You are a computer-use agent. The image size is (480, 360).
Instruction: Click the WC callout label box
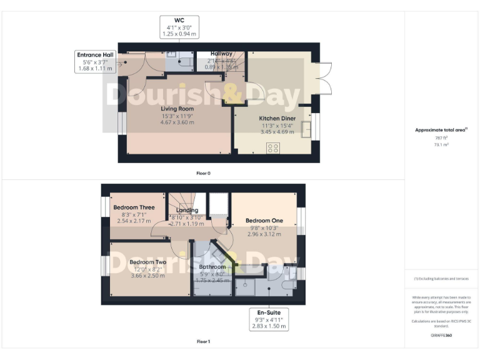pyautogui.click(x=179, y=27)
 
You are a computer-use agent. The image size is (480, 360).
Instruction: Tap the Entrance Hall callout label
pyautogui.click(x=95, y=62)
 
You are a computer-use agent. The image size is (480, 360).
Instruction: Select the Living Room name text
pyautogui.click(x=173, y=108)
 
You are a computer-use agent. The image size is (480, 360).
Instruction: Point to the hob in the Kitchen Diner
pyautogui.click(x=273, y=147)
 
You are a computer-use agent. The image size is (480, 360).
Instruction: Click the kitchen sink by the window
pyautogui.click(x=306, y=129)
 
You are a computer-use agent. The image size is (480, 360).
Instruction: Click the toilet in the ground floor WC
pyautogui.click(x=186, y=62)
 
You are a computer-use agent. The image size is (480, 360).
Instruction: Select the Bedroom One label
pyautogui.click(x=264, y=221)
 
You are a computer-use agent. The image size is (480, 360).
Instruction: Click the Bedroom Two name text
pyautogui.click(x=147, y=262)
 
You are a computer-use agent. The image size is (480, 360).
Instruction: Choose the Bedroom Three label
pyautogui.click(x=134, y=207)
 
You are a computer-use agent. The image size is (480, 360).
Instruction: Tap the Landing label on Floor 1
pyautogui.click(x=187, y=211)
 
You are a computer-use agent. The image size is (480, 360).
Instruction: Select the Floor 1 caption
pyautogui.click(x=203, y=342)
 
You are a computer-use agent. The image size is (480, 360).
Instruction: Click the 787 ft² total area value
pyautogui.click(x=442, y=137)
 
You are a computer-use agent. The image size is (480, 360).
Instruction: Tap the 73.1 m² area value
pyautogui.click(x=442, y=144)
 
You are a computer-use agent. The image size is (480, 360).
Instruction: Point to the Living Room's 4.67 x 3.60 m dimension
pyautogui.click(x=173, y=122)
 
